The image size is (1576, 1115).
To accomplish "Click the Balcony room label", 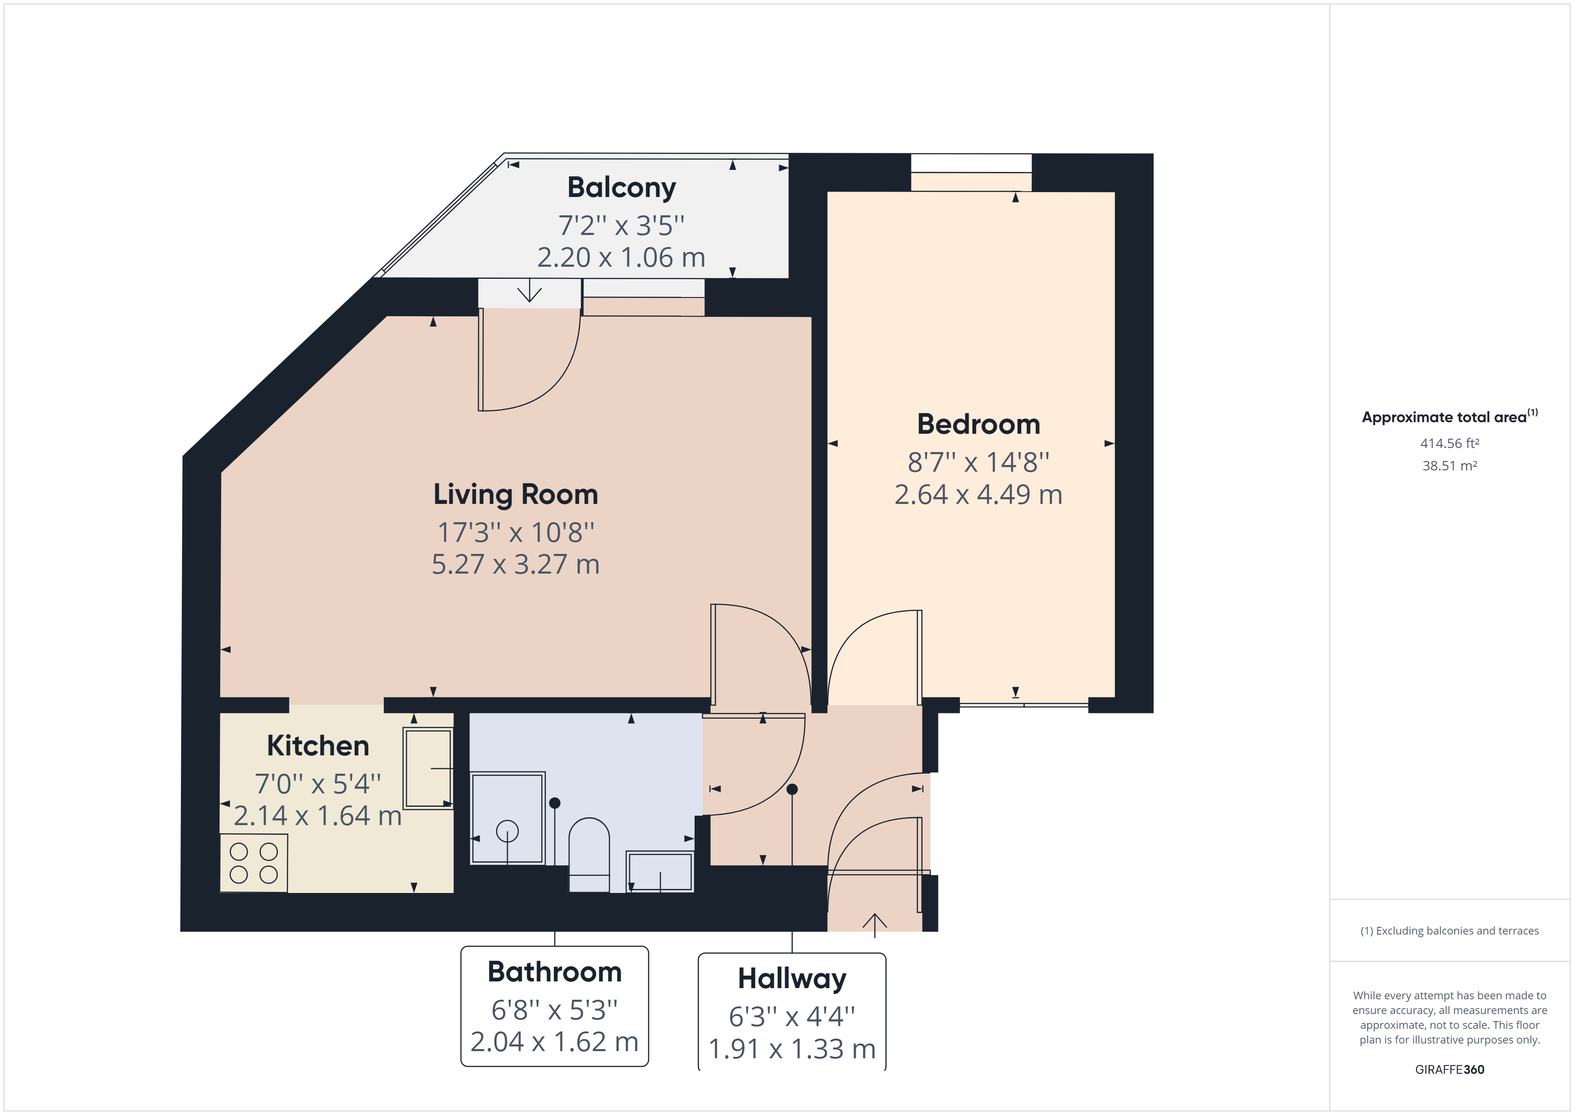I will click(621, 188).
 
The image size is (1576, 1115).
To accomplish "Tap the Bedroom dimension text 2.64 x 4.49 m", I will click(978, 495).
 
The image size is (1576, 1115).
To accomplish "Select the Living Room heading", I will click(516, 495).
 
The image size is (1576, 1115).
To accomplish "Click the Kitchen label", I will click(318, 746).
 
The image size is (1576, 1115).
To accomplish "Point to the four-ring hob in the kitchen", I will click(253, 863).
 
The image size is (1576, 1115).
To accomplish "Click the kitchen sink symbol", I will click(428, 768).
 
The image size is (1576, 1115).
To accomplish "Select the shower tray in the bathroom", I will click(507, 818).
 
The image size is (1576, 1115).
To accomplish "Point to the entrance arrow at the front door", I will click(875, 924).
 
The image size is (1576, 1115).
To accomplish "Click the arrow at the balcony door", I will click(529, 291).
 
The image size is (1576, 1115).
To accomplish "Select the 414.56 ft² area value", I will click(1450, 444).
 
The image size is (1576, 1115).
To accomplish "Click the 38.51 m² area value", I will click(1450, 465).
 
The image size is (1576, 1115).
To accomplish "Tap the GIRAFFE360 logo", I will click(1450, 1069).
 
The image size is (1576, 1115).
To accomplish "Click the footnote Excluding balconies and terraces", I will click(1450, 931).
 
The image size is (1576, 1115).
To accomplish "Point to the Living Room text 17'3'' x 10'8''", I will click(516, 532).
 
